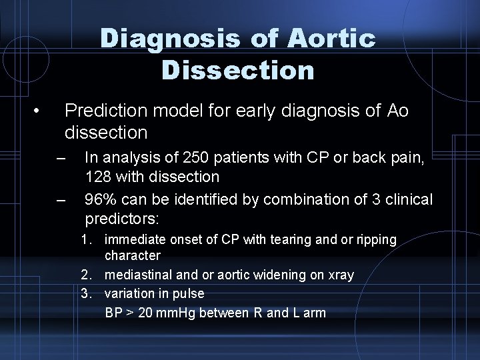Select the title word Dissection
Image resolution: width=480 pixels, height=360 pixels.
click(238, 69)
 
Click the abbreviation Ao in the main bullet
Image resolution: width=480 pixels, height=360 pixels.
click(397, 110)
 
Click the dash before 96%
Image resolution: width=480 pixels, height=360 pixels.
click(62, 201)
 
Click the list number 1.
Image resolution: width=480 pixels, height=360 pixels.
click(85, 239)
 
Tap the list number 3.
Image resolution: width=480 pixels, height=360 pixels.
click(85, 293)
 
